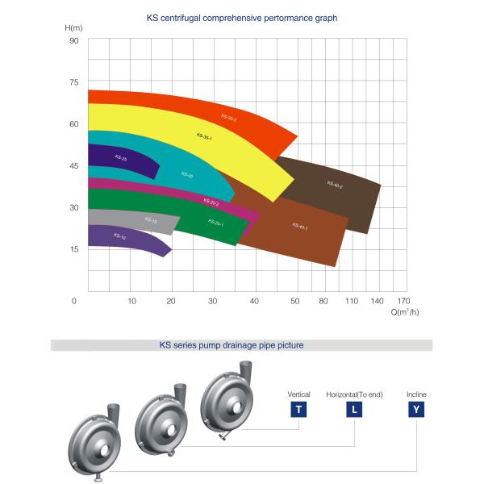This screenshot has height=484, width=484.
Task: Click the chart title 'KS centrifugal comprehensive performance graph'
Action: point(242,17)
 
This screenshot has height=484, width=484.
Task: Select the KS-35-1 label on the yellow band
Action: point(203,137)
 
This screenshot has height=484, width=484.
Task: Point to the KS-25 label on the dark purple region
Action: point(120,159)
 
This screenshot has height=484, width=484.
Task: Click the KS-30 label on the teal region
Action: point(187,175)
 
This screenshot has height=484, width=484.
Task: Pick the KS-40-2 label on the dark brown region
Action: point(335,185)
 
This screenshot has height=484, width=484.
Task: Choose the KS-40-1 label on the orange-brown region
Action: point(299,227)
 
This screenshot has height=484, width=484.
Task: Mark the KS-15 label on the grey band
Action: point(150,219)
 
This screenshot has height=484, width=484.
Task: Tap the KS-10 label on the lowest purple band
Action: point(119,236)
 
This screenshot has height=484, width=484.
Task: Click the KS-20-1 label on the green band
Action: point(215,222)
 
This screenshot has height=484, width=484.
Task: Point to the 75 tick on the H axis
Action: point(74,82)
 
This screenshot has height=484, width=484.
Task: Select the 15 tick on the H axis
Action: point(74,249)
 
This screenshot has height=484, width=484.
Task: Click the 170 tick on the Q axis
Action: point(403,301)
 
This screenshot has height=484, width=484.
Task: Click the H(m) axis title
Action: point(75,28)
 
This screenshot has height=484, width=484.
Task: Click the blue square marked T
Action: point(299,409)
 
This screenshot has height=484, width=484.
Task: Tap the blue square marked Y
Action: point(416,409)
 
